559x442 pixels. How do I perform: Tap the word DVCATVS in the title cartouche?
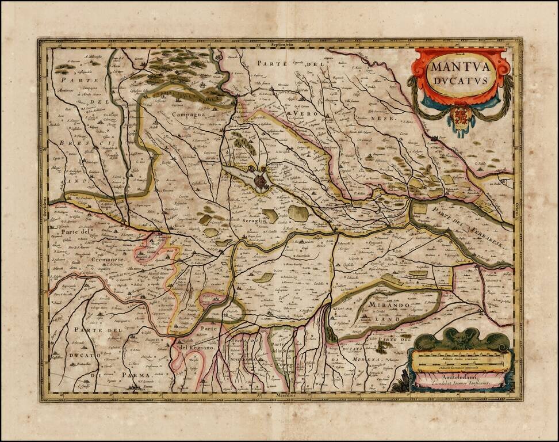[x=461, y=80]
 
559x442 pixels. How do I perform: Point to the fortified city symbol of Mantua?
[x=260, y=182]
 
